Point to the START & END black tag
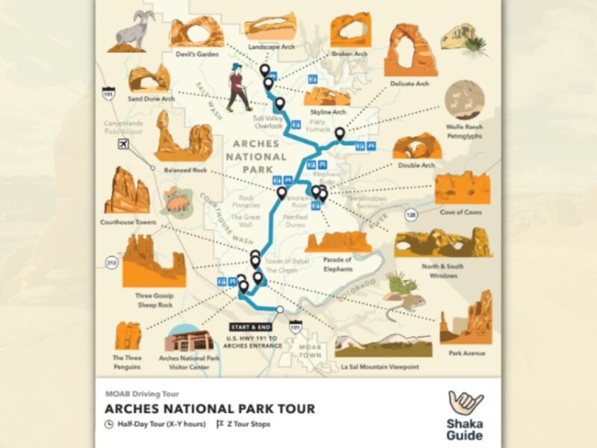pyautogui.click(x=251, y=327)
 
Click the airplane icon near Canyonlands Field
pyautogui.click(x=123, y=143)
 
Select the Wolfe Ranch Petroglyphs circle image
pyautogui.click(x=464, y=101)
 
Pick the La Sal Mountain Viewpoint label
pyautogui.click(x=378, y=367)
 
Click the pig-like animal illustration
pyautogui.click(x=177, y=199)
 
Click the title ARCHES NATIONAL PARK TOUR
pyautogui.click(x=210, y=408)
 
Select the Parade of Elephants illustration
pyautogui.click(x=338, y=241)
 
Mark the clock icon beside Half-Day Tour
pyautogui.click(x=109, y=424)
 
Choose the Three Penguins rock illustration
pyautogui.click(x=128, y=336)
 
